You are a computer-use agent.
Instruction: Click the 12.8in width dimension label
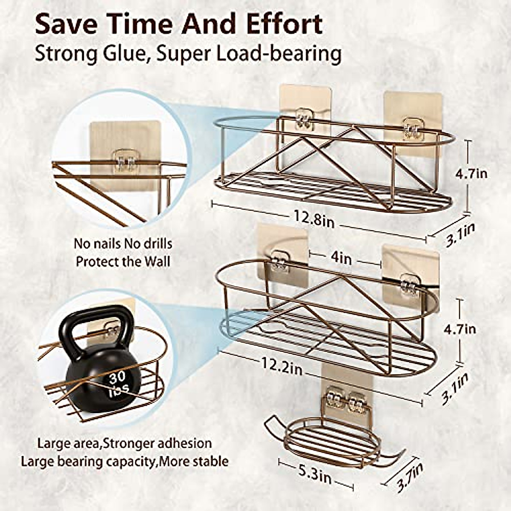pyautogui.click(x=313, y=218)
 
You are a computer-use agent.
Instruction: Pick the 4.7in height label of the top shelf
pyautogui.click(x=471, y=174)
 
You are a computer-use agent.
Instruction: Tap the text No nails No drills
pyautogui.click(x=123, y=244)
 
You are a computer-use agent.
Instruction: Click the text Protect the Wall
pyautogui.click(x=123, y=261)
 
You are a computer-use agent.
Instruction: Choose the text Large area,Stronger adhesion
pyautogui.click(x=124, y=443)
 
